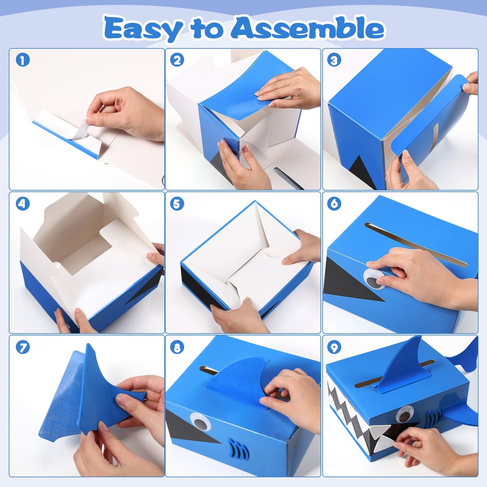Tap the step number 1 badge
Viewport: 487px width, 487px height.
(23, 60)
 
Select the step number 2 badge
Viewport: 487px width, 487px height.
(177, 60)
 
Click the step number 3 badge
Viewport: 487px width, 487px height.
(334, 60)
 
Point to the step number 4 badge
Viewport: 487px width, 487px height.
(23, 204)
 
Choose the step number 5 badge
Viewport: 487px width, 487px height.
(177, 204)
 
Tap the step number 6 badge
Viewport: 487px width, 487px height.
(334, 204)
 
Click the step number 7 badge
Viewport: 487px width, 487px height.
(23, 347)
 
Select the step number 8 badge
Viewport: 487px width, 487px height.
(177, 347)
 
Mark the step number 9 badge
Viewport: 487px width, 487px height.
(334, 347)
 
